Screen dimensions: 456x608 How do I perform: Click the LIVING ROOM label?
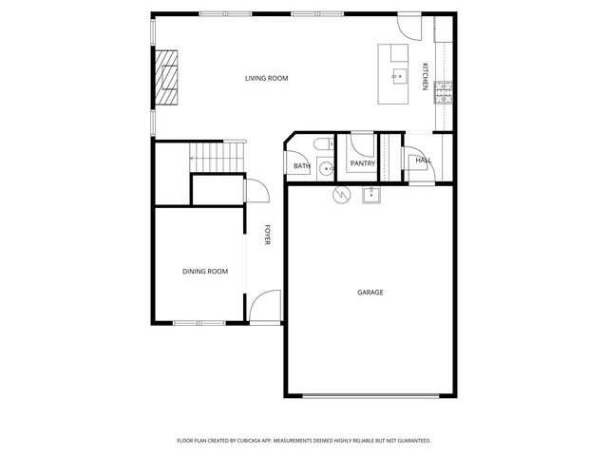[x=266, y=78]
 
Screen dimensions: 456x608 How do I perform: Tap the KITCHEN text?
[x=426, y=77]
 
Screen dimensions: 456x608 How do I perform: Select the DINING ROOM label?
[x=205, y=272]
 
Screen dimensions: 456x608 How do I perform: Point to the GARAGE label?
[x=370, y=293]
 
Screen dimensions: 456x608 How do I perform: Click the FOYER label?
[x=268, y=235]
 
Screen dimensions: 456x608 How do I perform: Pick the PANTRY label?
[x=363, y=163]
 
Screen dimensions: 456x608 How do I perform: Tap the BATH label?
[x=302, y=166]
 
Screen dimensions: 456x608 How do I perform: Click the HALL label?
[x=423, y=160]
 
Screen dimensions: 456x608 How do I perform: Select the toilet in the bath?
[x=322, y=144]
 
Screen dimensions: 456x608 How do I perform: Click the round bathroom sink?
[x=326, y=169]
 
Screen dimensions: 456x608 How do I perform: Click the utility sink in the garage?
[x=370, y=197]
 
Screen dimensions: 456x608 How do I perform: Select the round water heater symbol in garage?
[x=340, y=195]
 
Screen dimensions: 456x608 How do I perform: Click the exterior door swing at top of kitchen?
[x=406, y=27]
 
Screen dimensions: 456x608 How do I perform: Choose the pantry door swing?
[x=362, y=145]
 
